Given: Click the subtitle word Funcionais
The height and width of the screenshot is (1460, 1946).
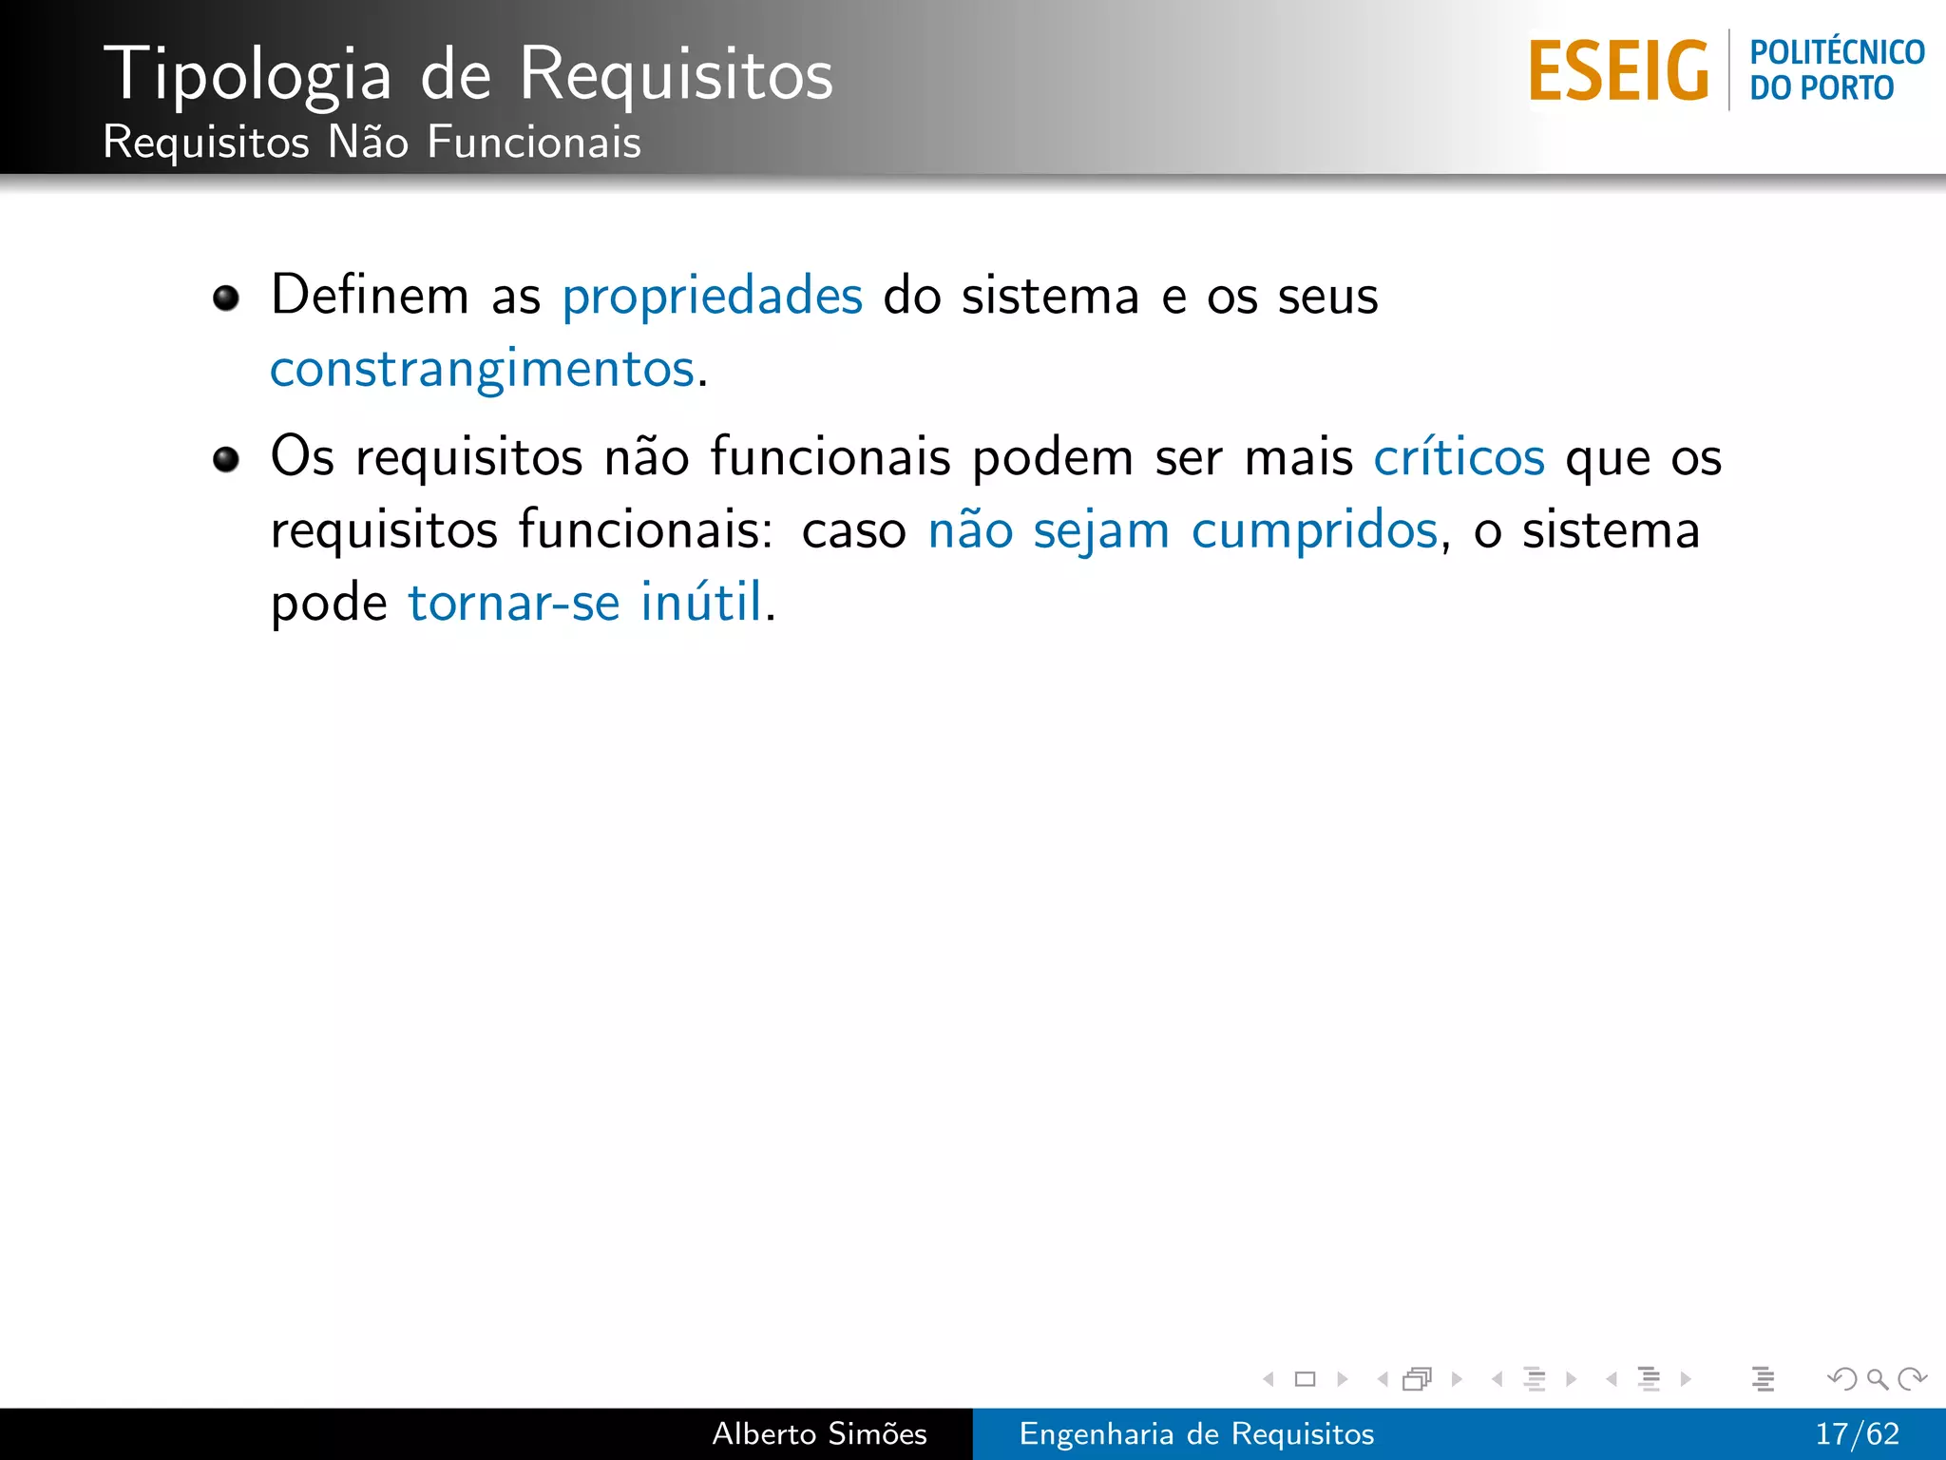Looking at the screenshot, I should click(534, 143).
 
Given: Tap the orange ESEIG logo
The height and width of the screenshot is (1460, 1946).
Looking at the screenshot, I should click(1618, 71).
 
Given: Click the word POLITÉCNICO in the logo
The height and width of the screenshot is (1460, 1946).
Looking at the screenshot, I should click(1837, 52).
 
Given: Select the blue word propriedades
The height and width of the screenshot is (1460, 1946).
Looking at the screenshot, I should click(713, 296).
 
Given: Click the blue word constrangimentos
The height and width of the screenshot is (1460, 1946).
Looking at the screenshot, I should click(483, 369).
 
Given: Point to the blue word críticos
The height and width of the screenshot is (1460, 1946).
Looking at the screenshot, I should click(1459, 457).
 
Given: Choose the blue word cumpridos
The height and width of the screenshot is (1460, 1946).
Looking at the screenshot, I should click(1315, 529).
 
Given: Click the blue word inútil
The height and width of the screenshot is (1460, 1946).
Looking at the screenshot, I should click(701, 602).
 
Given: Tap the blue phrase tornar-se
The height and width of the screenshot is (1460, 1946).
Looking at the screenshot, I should click(514, 602).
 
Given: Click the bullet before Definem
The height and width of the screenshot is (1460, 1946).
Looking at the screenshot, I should click(226, 298).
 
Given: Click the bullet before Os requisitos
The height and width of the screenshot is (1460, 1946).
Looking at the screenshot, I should click(226, 460).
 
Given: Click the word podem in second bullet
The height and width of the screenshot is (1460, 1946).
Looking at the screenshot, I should click(1053, 457).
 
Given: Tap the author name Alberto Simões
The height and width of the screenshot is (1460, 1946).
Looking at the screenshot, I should click(819, 1433).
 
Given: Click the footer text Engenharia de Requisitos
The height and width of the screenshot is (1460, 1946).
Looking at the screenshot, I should click(1196, 1433).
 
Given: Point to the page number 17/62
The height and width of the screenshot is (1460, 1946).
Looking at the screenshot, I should click(1857, 1433).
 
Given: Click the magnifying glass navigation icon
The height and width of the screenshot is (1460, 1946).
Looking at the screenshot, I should click(1877, 1378).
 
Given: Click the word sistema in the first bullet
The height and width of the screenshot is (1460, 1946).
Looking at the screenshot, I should click(1050, 296).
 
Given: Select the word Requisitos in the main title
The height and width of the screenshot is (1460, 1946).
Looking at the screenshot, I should click(677, 74).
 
